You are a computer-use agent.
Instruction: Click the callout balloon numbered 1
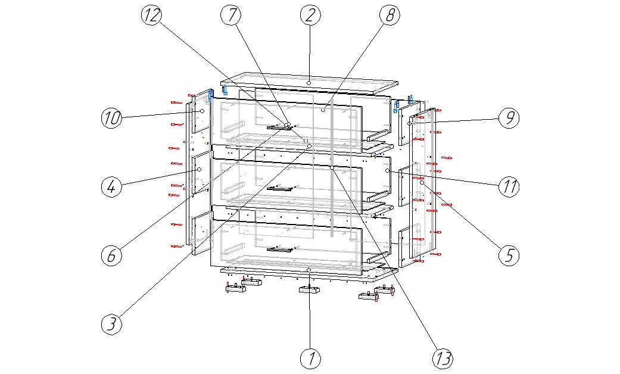coord(310,358)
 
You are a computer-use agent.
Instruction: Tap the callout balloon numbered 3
coord(111,324)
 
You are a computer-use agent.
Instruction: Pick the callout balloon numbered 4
coord(111,186)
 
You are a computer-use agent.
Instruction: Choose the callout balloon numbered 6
coord(111,255)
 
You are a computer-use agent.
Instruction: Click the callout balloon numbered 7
coord(230,15)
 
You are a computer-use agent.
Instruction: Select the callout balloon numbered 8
coord(389,15)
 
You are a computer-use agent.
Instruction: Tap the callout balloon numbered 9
coord(509,118)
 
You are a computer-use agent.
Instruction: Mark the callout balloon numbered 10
coord(111,119)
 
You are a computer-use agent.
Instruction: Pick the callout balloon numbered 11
coord(509,186)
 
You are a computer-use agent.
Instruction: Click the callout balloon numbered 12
coord(151,15)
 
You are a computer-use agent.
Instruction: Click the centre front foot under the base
coord(309,290)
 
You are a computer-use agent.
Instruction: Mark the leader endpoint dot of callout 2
coord(309,83)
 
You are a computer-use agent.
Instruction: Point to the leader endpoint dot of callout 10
coord(202,111)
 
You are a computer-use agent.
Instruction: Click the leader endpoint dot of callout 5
coord(421,183)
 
